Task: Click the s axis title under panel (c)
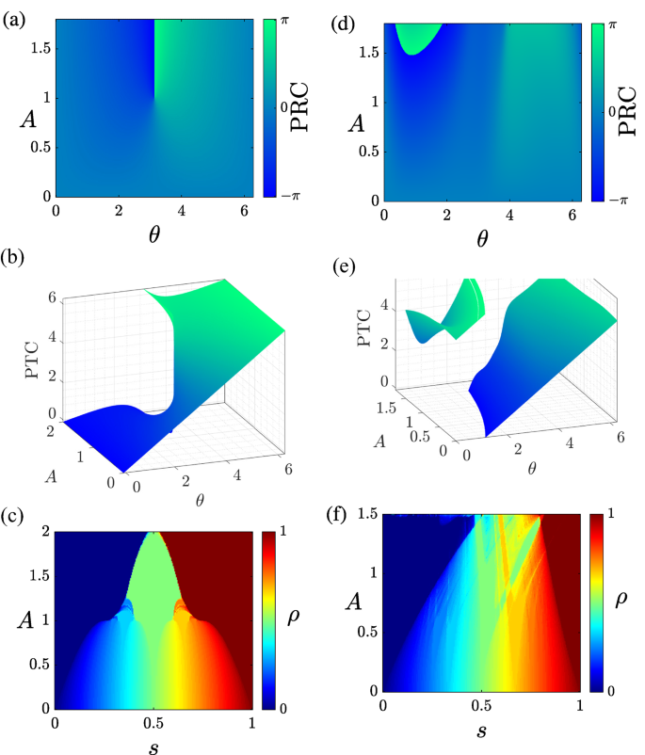tap(153, 748)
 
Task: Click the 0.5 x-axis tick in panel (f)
tap(481, 705)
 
